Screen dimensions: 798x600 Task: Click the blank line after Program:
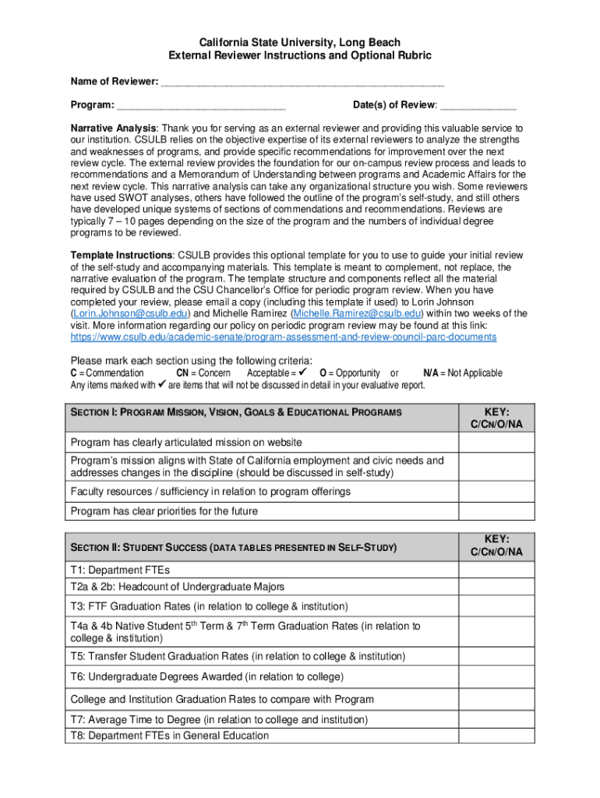(x=202, y=105)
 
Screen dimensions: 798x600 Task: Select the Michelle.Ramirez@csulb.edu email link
(x=355, y=312)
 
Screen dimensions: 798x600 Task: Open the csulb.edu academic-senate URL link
(x=283, y=337)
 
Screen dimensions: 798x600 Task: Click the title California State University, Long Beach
(x=300, y=42)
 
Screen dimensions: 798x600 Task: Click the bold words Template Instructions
(x=122, y=256)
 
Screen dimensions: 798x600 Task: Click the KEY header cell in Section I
(x=496, y=417)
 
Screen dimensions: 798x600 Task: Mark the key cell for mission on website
(x=496, y=443)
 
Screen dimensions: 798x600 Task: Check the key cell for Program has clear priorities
(x=496, y=511)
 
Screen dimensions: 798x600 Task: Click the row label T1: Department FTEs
(x=120, y=569)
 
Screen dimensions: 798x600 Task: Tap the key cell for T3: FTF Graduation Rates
(x=496, y=606)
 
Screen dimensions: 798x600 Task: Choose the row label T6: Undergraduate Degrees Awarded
(x=206, y=676)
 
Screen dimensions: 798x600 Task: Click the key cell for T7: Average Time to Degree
(x=496, y=719)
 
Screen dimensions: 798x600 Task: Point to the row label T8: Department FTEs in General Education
(x=169, y=736)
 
